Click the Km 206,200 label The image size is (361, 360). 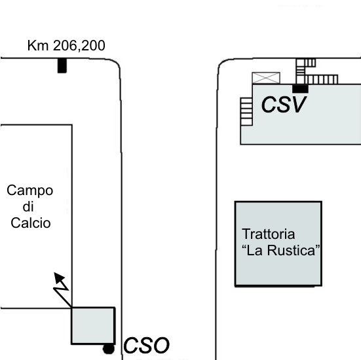(x=66, y=46)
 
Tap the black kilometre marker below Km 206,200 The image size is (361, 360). (x=62, y=66)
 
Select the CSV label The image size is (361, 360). (x=284, y=105)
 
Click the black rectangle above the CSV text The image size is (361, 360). (x=300, y=88)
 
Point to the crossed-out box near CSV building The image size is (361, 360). (x=266, y=78)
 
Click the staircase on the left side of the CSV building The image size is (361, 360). (x=246, y=111)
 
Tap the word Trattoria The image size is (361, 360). (x=269, y=234)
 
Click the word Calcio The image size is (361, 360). (x=31, y=223)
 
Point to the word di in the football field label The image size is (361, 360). (x=28, y=206)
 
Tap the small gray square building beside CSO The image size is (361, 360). (x=93, y=325)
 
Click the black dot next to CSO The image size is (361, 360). (x=109, y=349)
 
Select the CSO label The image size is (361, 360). (x=146, y=346)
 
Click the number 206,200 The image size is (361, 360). (x=79, y=46)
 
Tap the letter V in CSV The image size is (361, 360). (x=298, y=105)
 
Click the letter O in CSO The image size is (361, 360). (x=161, y=346)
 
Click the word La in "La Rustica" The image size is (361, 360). (x=254, y=250)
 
